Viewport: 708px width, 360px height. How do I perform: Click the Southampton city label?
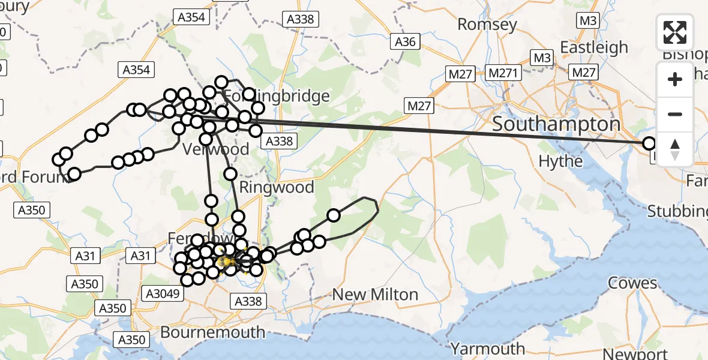coord(556,125)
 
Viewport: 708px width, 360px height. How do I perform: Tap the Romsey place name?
coord(487,25)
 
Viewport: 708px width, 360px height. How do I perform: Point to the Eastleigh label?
coord(593,47)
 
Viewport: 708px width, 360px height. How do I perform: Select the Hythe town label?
coord(560,161)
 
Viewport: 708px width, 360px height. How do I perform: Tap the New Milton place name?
coord(375,295)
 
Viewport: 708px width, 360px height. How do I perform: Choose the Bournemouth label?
coord(213,332)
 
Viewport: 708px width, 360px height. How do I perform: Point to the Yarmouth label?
coord(487,349)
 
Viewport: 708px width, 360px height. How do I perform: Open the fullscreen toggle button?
coord(675,32)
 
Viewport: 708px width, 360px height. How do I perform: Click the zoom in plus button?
coord(675,79)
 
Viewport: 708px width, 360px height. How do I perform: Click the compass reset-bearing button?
coord(675,149)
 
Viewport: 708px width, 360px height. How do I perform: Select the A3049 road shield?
coord(161,292)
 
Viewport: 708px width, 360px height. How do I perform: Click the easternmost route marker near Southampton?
coord(649,143)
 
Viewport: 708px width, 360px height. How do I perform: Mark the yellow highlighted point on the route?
coord(226,262)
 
